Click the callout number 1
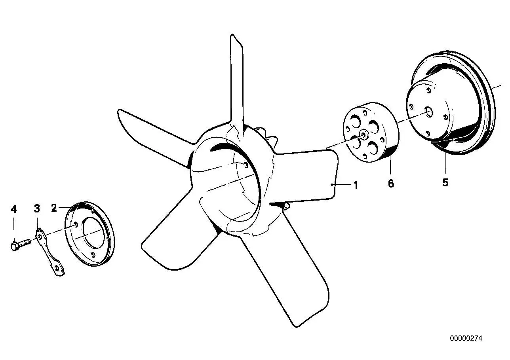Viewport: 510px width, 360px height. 356,185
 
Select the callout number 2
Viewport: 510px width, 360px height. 54,208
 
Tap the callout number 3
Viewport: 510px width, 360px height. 37,208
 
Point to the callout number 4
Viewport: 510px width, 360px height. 14,209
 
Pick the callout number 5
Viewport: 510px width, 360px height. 445,182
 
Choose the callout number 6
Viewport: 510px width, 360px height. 391,183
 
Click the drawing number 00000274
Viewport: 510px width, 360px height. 466,339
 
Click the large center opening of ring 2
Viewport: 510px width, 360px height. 94,233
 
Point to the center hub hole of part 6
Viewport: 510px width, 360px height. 364,135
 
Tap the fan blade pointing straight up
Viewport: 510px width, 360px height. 237,84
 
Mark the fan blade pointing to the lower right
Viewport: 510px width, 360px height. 287,271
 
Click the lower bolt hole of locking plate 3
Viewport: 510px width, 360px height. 57,269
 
